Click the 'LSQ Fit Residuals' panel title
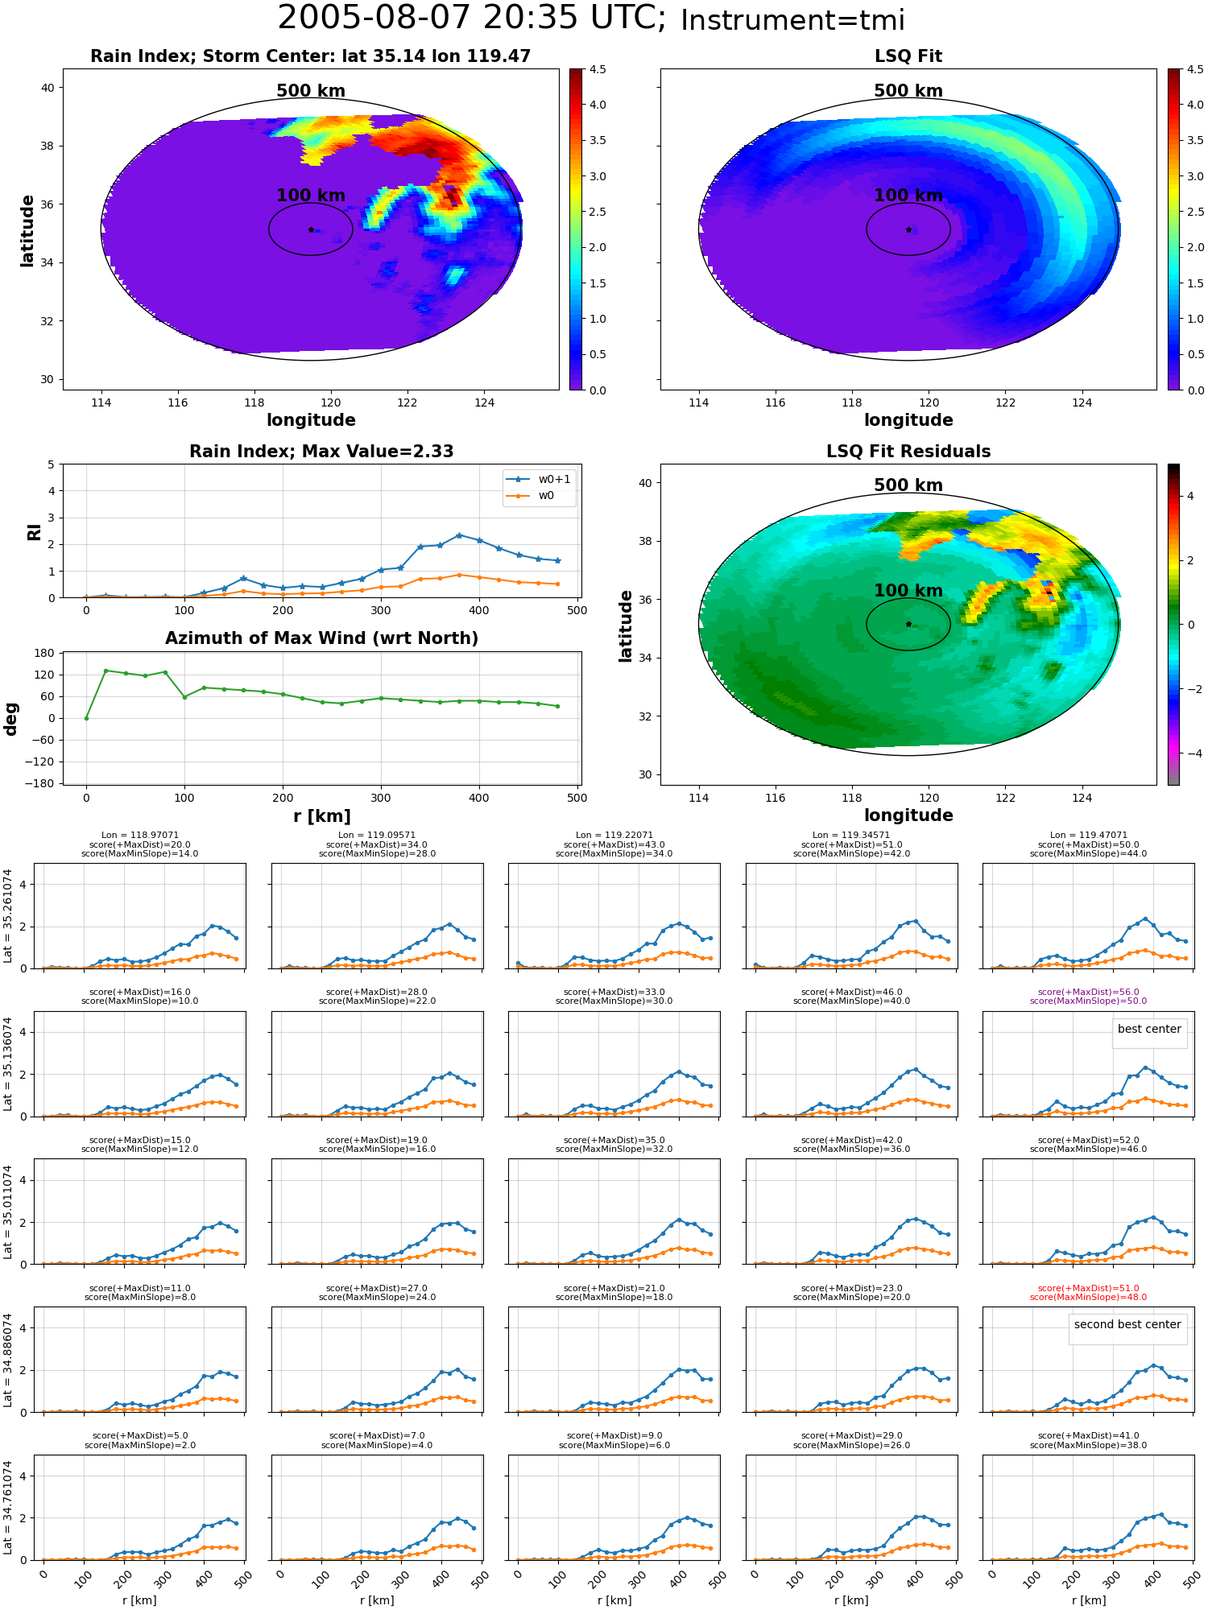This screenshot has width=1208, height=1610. [908, 452]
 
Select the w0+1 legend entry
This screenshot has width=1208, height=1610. [539, 479]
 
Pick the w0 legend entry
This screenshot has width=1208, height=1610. [531, 496]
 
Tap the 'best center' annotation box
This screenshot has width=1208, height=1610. [1149, 1030]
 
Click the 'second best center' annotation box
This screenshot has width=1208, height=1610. [1127, 1324]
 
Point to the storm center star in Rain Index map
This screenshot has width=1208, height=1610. [311, 229]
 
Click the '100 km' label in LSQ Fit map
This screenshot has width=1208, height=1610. [908, 196]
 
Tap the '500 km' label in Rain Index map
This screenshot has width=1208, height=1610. [311, 91]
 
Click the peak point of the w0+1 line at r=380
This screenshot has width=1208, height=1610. [459, 535]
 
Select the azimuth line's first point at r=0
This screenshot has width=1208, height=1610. [86, 718]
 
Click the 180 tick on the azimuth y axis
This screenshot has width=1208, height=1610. [45, 653]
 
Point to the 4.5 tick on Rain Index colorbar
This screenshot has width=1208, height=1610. [598, 69]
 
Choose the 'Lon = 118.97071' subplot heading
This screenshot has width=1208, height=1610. [140, 835]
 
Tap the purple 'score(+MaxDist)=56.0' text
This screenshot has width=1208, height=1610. [1088, 992]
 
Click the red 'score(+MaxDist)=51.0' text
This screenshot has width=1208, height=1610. [1088, 1288]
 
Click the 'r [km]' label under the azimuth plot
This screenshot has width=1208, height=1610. [322, 816]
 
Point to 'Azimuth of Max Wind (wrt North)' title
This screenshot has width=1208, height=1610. [322, 638]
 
